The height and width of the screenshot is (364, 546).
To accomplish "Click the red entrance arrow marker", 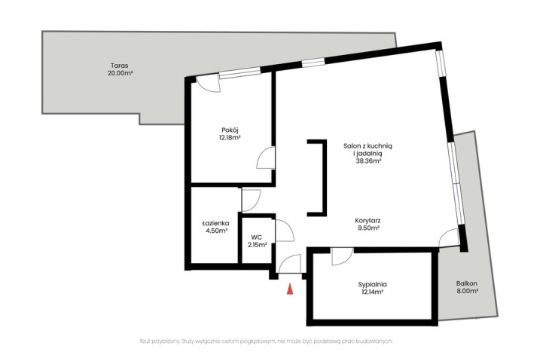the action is [x=290, y=289].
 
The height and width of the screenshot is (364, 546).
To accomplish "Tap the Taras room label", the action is [x=120, y=66].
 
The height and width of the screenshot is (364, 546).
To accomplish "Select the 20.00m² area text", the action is [x=120, y=74].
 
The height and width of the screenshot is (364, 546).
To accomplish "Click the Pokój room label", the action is [x=230, y=130].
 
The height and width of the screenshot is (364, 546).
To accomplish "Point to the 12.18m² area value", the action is [x=230, y=138].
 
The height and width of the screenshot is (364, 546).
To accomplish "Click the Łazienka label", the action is [x=216, y=223].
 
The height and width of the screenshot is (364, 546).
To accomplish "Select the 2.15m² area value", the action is [x=258, y=245].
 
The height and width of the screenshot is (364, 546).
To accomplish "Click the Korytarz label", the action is [x=368, y=221].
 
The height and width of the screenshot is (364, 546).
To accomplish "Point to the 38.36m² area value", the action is [x=368, y=161].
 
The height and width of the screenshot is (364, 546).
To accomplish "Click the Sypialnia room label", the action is [x=372, y=284].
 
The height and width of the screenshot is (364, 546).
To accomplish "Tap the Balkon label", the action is [x=467, y=283].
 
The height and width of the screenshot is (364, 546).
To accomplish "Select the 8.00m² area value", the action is [x=467, y=291].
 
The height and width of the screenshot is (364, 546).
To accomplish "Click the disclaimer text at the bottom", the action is [x=266, y=341].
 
